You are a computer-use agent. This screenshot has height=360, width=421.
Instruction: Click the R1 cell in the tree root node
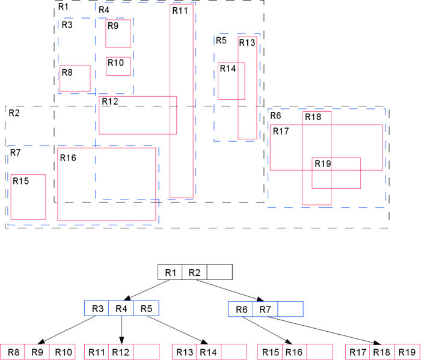(x=170, y=272)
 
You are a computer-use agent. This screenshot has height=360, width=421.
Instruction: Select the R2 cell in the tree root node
(x=194, y=272)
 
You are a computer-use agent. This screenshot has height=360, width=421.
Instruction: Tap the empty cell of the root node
(x=219, y=272)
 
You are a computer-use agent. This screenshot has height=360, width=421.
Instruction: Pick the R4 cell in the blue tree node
(x=121, y=309)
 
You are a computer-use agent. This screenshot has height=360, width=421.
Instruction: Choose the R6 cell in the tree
(x=241, y=309)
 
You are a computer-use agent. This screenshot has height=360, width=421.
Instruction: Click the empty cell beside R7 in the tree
(x=289, y=309)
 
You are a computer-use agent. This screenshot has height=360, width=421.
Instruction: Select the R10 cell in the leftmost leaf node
(x=62, y=352)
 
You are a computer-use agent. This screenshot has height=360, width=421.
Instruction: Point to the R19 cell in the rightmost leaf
(x=407, y=352)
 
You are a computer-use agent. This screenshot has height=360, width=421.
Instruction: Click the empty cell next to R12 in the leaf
(x=146, y=352)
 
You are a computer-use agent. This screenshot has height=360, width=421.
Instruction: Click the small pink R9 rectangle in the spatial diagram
(x=118, y=33)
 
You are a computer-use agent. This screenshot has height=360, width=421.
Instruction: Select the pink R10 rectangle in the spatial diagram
(x=118, y=66)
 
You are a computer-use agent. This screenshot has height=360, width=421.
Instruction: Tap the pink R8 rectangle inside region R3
(x=75, y=78)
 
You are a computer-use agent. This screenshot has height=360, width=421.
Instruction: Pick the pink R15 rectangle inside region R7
(x=28, y=197)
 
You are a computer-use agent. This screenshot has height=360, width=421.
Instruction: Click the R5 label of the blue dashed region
(x=221, y=40)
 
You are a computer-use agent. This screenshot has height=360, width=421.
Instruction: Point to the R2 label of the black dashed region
(x=13, y=112)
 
